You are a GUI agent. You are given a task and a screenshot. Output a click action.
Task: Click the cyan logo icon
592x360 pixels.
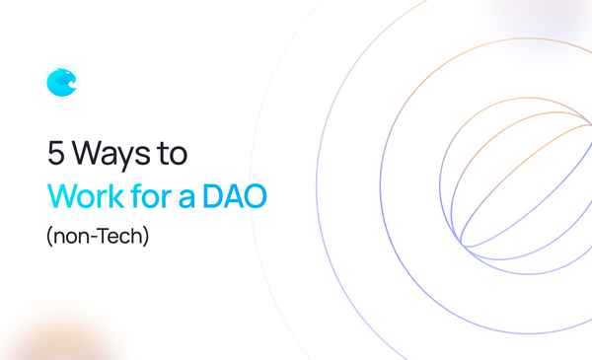coord(61,83)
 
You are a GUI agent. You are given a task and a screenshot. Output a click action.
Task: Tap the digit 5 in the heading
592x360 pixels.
coord(57,154)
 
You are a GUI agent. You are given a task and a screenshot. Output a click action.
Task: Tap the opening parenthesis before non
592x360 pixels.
coord(50,237)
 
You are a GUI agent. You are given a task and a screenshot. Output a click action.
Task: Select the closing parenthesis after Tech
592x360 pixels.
coord(146,237)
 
